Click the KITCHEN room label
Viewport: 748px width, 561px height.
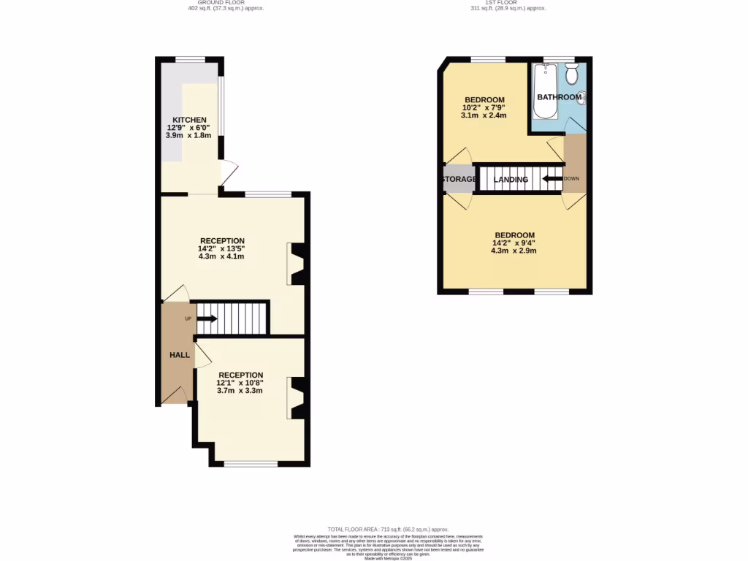tap(189, 120)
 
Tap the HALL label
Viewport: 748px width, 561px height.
tap(180, 355)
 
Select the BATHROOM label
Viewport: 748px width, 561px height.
tap(560, 97)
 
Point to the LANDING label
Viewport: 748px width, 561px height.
tap(511, 179)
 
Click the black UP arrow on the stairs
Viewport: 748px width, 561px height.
tap(207, 318)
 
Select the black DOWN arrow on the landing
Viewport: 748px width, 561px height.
tap(552, 178)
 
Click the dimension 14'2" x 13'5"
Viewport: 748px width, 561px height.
tap(221, 249)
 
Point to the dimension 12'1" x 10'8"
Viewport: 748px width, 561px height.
tap(240, 383)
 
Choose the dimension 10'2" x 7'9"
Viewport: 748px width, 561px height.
tap(484, 107)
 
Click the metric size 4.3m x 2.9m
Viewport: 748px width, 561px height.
tap(514, 251)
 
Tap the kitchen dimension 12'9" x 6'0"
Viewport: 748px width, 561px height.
tap(189, 128)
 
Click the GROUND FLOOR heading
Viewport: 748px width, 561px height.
tap(225, 3)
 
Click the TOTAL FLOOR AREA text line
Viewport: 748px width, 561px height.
tap(388, 529)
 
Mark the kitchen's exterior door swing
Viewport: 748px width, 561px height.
tap(229, 172)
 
